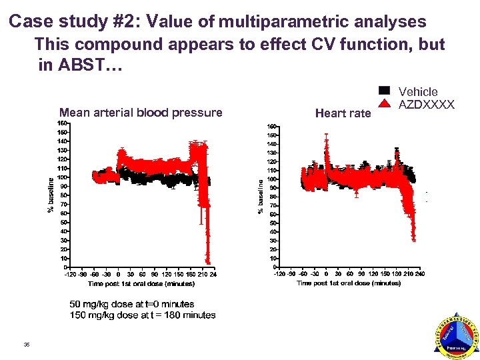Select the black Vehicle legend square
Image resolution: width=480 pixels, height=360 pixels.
[384, 91]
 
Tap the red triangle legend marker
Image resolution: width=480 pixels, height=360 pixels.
[384, 103]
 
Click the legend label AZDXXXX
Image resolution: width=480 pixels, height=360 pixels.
[427, 105]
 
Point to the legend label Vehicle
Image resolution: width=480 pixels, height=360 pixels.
[418, 91]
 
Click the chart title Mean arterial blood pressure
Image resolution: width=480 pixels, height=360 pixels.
[141, 113]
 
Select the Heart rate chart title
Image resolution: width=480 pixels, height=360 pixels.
[343, 113]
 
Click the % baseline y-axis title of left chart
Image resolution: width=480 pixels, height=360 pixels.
[51, 194]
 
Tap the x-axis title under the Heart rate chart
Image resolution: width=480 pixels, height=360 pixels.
[349, 283]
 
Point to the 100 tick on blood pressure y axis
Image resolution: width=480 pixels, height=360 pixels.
[61, 177]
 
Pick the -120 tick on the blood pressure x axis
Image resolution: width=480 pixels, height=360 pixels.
[69, 274]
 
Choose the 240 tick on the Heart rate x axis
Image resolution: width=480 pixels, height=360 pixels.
[420, 273]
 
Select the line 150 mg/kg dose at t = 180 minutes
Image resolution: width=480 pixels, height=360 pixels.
[143, 315]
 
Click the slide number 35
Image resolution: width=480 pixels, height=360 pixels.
[26, 345]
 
